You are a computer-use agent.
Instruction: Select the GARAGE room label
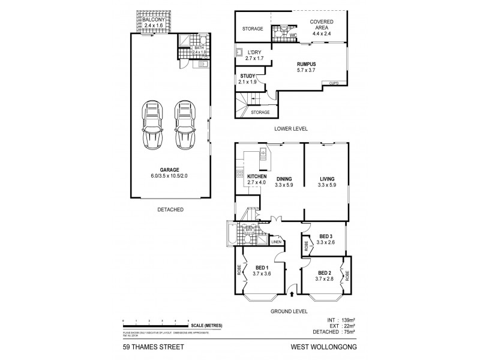point(170,170)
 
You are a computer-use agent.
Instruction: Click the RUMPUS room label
point(307,63)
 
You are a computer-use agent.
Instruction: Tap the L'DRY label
point(255,53)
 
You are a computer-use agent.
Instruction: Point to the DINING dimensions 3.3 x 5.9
point(285,185)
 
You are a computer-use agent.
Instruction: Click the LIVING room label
point(327,178)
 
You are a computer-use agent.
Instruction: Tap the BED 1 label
point(261,267)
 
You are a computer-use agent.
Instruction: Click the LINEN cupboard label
point(277,242)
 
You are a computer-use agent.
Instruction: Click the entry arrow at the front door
point(292,293)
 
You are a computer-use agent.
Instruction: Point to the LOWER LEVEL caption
point(291,129)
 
